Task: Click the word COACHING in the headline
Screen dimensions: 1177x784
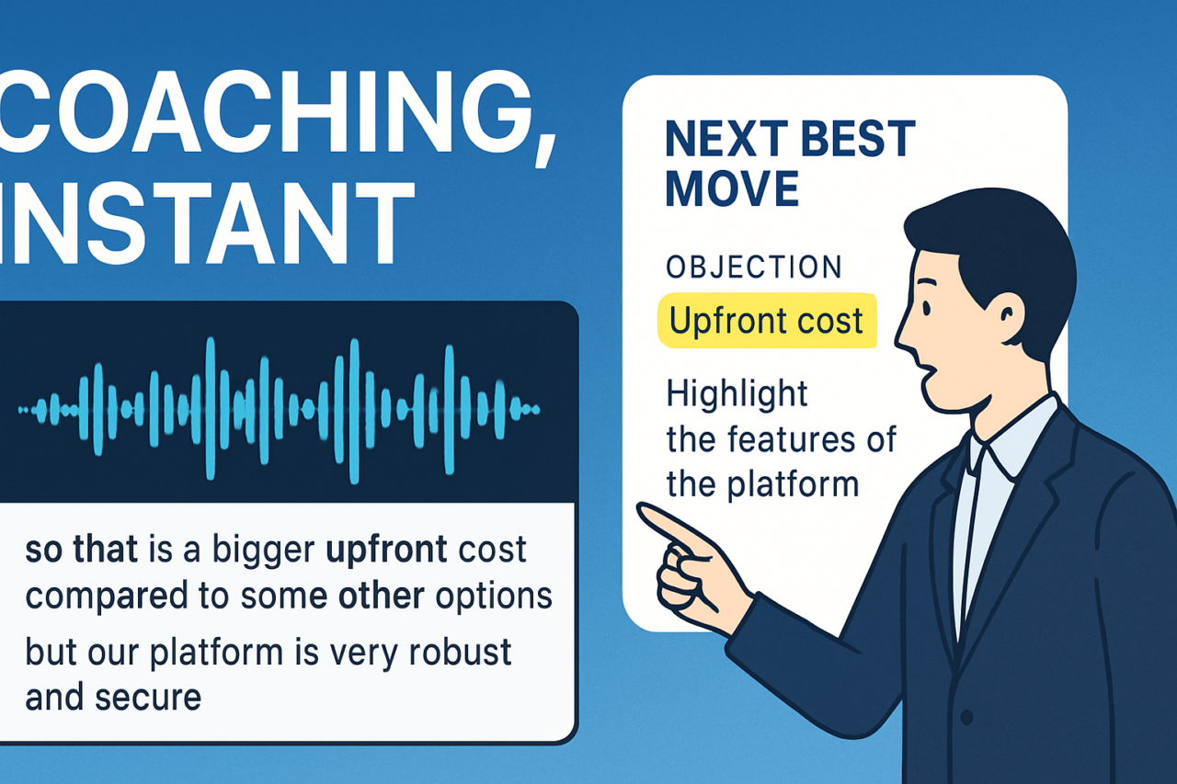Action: tap(266, 112)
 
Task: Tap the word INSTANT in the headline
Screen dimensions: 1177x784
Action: tap(206, 222)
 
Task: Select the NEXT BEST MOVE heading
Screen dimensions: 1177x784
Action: tap(790, 163)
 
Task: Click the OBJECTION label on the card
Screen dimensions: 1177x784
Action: tap(754, 267)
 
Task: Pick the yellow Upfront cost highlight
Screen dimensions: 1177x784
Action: tap(767, 321)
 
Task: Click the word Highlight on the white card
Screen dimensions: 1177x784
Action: tap(737, 394)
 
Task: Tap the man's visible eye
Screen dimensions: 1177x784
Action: tap(926, 307)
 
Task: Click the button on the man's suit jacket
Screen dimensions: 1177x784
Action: tap(967, 716)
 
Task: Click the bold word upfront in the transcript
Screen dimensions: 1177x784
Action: tap(387, 551)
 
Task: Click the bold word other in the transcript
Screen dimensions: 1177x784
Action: tap(382, 596)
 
